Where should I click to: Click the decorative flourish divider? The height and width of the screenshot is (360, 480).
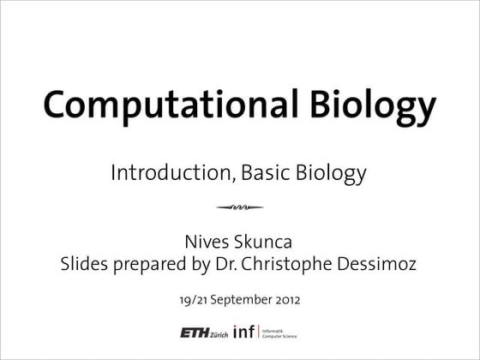[x=240, y=207]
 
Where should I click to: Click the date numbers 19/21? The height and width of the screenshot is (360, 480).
[x=195, y=300]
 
